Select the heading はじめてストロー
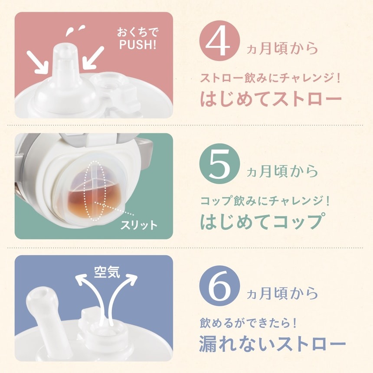pos(271,99)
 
